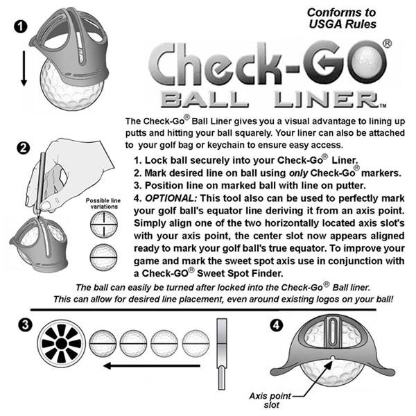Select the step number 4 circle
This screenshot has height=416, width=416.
[277, 323]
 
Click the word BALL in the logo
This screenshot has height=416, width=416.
[200, 97]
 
